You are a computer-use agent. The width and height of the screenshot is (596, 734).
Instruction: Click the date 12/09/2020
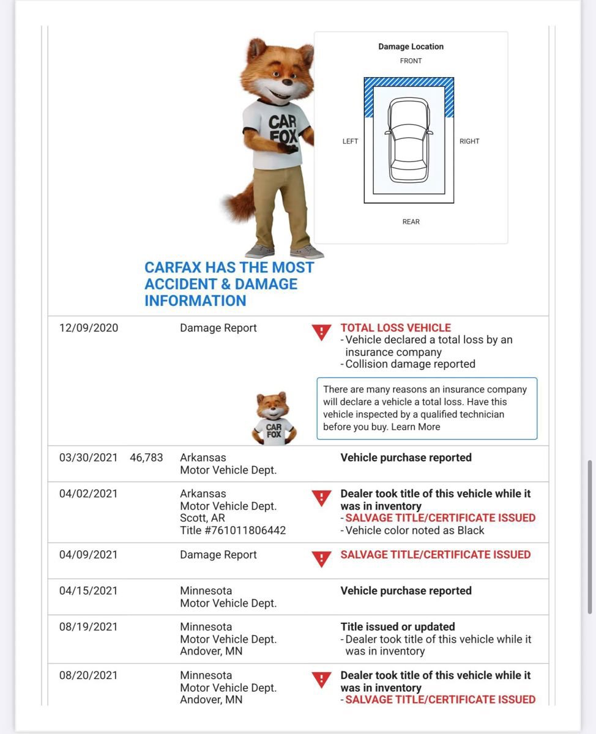89,328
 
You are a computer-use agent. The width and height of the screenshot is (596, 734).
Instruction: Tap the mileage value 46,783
146,458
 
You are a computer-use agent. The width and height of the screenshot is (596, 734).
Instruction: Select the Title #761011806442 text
233,530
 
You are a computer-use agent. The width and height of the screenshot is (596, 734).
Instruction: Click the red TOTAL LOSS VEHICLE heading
395,328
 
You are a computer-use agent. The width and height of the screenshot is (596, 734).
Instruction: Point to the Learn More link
415,427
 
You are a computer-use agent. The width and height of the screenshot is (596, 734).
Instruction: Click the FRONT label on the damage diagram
411,61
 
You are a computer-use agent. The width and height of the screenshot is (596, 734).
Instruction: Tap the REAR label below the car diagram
411,222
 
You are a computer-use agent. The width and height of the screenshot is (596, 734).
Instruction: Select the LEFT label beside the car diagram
350,141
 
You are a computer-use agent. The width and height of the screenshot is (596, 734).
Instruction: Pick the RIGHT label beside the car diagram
469,141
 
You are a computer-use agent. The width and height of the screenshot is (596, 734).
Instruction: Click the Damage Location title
411,46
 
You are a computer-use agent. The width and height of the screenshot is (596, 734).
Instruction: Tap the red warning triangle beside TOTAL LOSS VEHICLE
321,332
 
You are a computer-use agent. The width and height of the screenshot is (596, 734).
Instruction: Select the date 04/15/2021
89,591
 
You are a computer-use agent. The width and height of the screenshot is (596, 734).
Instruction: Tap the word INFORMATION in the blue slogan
195,301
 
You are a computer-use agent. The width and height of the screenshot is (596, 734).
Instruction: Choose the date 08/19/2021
89,627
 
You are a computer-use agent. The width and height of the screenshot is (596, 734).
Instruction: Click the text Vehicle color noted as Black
415,530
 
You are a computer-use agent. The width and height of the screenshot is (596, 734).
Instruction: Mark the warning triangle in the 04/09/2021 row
321,558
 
